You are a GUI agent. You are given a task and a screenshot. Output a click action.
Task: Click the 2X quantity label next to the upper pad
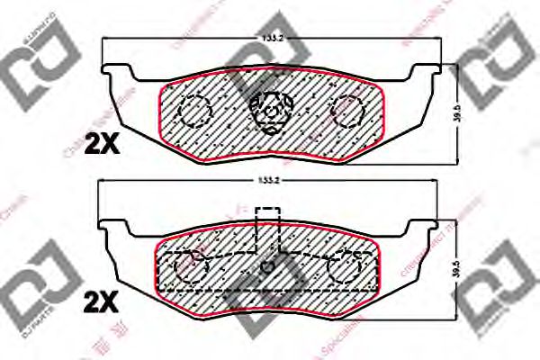click(x=102, y=141)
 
